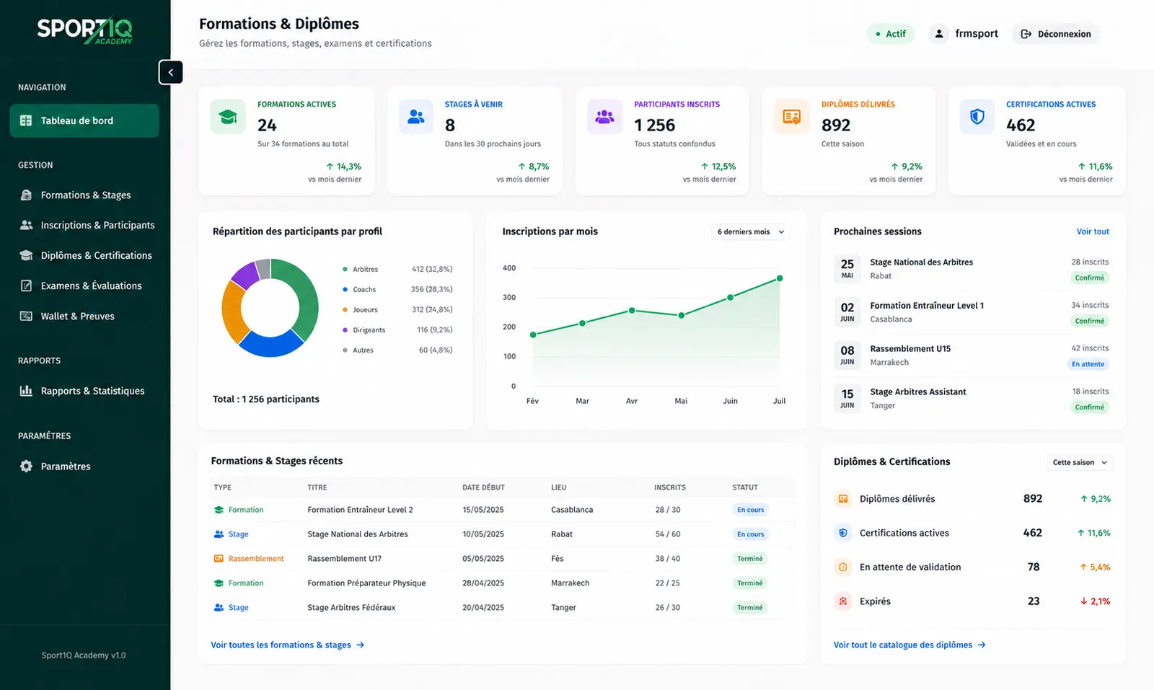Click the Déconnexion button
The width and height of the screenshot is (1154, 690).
[1056, 34]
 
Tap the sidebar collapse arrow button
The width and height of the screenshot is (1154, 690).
[170, 72]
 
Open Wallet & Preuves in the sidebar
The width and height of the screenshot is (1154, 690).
[77, 317]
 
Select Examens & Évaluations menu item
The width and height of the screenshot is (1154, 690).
[91, 286]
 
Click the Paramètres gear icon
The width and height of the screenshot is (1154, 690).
[26, 466]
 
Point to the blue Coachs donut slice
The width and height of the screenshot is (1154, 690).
[270, 344]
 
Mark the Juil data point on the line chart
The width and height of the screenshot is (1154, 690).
[780, 278]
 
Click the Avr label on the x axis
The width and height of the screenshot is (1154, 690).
[632, 401]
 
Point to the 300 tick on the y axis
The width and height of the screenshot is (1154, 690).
[509, 297]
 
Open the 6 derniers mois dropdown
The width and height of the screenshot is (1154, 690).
[751, 231]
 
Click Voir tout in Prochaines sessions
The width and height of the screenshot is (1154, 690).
[1093, 231]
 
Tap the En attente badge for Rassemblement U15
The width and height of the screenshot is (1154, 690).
[1088, 364]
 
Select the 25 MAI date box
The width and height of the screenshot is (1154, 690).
[847, 268]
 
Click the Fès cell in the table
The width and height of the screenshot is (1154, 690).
[558, 558]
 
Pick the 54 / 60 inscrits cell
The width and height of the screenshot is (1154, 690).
[668, 534]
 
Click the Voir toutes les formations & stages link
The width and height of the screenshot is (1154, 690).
[288, 645]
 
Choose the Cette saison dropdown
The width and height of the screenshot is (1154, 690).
[1079, 462]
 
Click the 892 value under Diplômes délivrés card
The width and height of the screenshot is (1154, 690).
[836, 125]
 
